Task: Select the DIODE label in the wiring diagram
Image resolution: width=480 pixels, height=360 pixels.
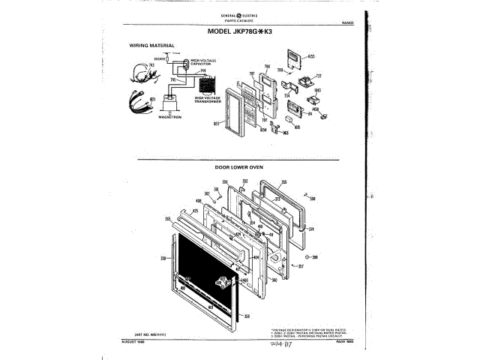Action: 160,58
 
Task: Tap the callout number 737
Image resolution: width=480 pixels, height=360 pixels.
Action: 318,76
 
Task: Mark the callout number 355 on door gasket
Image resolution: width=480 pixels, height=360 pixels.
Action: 283,181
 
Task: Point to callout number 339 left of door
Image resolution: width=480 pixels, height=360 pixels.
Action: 162,257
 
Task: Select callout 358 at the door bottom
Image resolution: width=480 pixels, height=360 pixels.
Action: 247,316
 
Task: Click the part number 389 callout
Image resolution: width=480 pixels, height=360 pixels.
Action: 315,259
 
